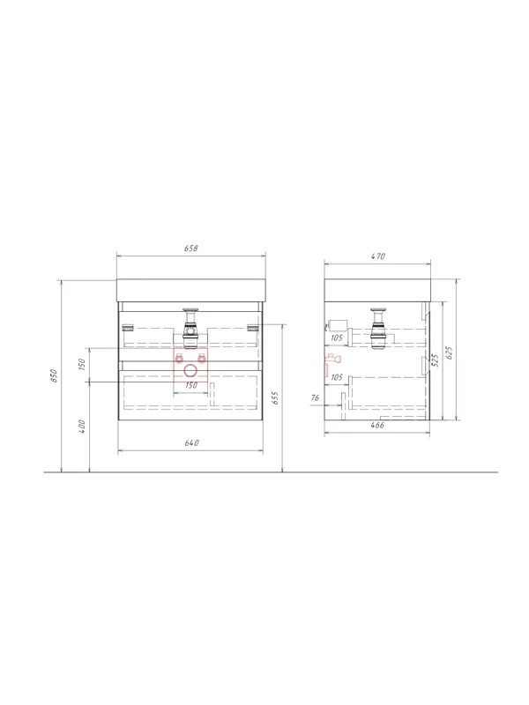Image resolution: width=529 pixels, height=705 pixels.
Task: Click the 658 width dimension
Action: pyautogui.click(x=191, y=249)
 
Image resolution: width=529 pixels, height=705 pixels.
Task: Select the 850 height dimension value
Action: pyautogui.click(x=54, y=375)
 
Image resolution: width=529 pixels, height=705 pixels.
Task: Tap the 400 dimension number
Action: pyautogui.click(x=82, y=427)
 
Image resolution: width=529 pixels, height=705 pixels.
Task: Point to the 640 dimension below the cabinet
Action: pyautogui.click(x=191, y=443)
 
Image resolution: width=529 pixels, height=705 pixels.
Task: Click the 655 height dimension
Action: pyautogui.click(x=275, y=398)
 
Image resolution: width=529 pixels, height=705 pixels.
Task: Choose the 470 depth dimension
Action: pyautogui.click(x=378, y=256)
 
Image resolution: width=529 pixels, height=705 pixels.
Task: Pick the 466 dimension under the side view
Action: pyautogui.click(x=377, y=425)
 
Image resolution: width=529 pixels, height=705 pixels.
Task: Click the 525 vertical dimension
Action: pyautogui.click(x=435, y=360)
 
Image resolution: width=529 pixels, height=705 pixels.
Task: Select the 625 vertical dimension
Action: pyautogui.click(x=450, y=353)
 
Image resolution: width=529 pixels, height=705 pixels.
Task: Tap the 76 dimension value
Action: pyautogui.click(x=315, y=398)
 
